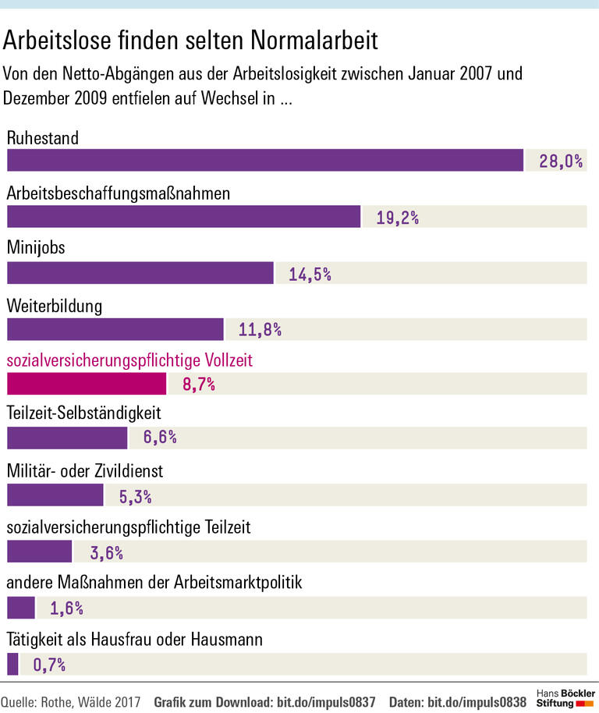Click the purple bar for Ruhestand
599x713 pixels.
pos(265,160)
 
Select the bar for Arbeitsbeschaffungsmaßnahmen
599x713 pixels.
pos(183,216)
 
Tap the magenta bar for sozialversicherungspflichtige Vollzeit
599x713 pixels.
pos(87,384)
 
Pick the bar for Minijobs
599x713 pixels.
pos(140,272)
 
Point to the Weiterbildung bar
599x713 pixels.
pos(115,328)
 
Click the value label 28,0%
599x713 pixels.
pos(561,161)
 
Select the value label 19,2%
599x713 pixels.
pos(397,218)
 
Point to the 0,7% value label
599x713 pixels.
pos(48,665)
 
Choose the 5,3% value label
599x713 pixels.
pos(135,497)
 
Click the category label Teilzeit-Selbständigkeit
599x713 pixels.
pos(84,415)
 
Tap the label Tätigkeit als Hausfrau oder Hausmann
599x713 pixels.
pos(134,640)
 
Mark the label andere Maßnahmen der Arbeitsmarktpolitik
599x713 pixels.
pos(154,584)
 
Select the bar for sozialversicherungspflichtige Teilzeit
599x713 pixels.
pos(39,552)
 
